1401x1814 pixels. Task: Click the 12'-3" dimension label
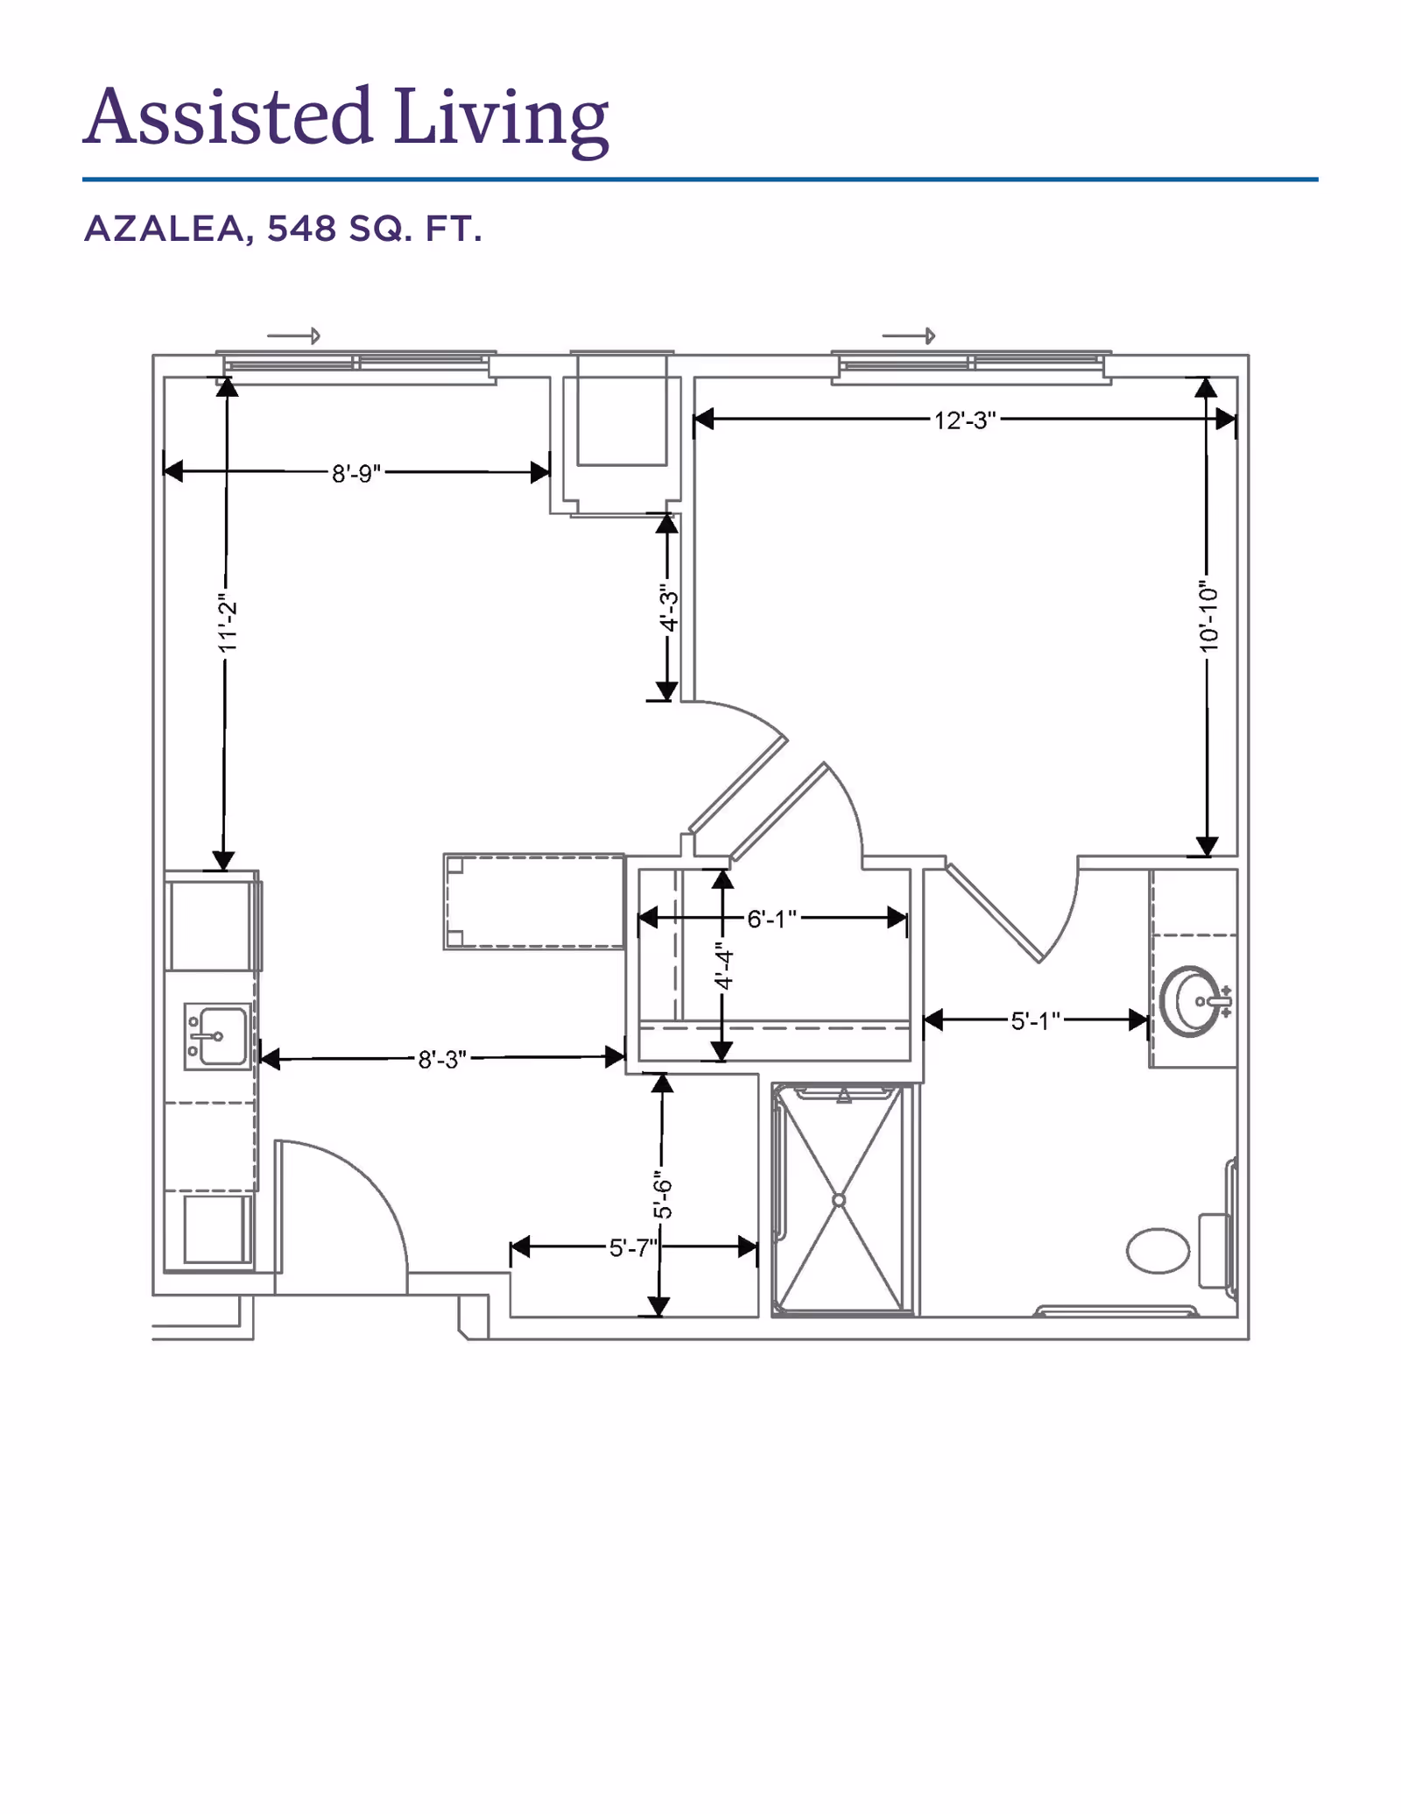click(965, 420)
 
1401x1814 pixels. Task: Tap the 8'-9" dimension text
click(356, 473)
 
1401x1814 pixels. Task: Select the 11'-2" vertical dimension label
click(227, 626)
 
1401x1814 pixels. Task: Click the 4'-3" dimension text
click(669, 608)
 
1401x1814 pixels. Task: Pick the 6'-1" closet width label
click(771, 919)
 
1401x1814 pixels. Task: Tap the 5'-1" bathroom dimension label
click(1036, 1020)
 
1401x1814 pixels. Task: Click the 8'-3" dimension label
click(442, 1060)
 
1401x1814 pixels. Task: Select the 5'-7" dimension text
click(633, 1247)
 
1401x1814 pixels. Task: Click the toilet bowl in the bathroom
click(1158, 1251)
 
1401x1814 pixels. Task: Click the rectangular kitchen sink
click(216, 1037)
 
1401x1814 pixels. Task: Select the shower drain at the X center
click(839, 1200)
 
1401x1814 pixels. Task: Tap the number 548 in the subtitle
click(302, 229)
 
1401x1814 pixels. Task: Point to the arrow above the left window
click(294, 335)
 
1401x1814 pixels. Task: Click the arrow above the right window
click(909, 335)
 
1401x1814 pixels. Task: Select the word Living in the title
click(500, 118)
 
